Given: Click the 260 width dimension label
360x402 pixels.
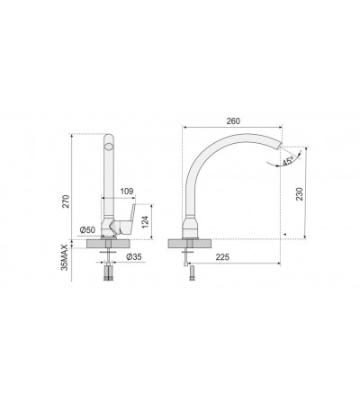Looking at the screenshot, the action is (233, 121).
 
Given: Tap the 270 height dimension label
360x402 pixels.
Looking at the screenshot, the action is (67, 201).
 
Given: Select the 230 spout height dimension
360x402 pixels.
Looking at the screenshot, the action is (300, 194).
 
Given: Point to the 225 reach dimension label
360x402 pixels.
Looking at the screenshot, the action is (222, 257).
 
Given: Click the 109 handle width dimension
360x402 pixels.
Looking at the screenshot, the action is (127, 192).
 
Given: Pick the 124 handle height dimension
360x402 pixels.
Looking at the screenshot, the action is (145, 221).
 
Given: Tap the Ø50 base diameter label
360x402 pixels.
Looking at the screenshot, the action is (87, 230).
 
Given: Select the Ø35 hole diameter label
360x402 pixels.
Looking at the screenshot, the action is (134, 256).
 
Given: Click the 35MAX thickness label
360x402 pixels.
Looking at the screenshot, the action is (65, 257).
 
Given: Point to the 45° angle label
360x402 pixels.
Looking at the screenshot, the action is (287, 162).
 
